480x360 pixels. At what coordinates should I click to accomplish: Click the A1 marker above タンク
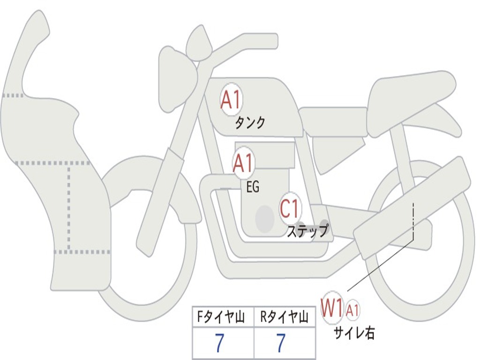point(231,100)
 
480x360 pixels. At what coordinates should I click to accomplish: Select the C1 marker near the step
point(290,208)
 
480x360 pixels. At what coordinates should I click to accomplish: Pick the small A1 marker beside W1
point(353,309)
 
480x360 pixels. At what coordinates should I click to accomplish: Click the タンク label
point(250,123)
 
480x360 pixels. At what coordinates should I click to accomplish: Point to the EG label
point(253,187)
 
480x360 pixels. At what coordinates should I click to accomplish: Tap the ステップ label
point(307,231)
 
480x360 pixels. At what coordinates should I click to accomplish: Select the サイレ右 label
point(354,333)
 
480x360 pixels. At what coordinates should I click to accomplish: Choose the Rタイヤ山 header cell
point(285,318)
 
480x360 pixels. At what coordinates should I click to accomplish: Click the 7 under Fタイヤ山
point(219,344)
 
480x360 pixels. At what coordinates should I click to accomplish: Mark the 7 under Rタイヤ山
point(280,344)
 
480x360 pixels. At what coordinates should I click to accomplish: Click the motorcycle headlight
point(175,80)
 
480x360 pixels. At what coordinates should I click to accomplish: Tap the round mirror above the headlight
point(199,44)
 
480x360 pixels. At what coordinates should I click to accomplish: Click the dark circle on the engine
point(264,218)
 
